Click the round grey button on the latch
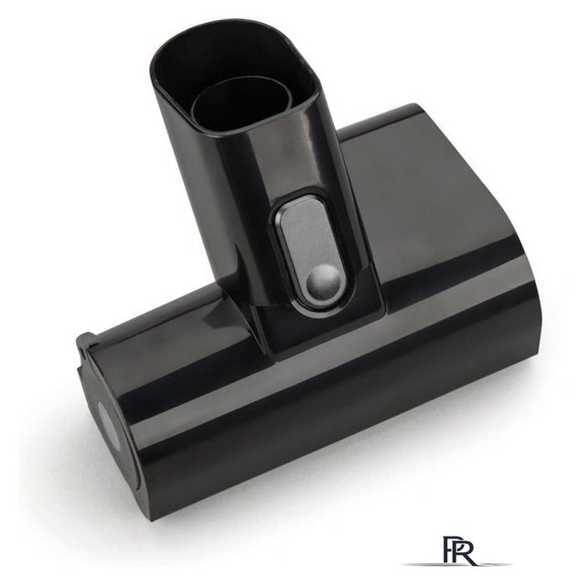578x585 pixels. [x=324, y=281]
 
